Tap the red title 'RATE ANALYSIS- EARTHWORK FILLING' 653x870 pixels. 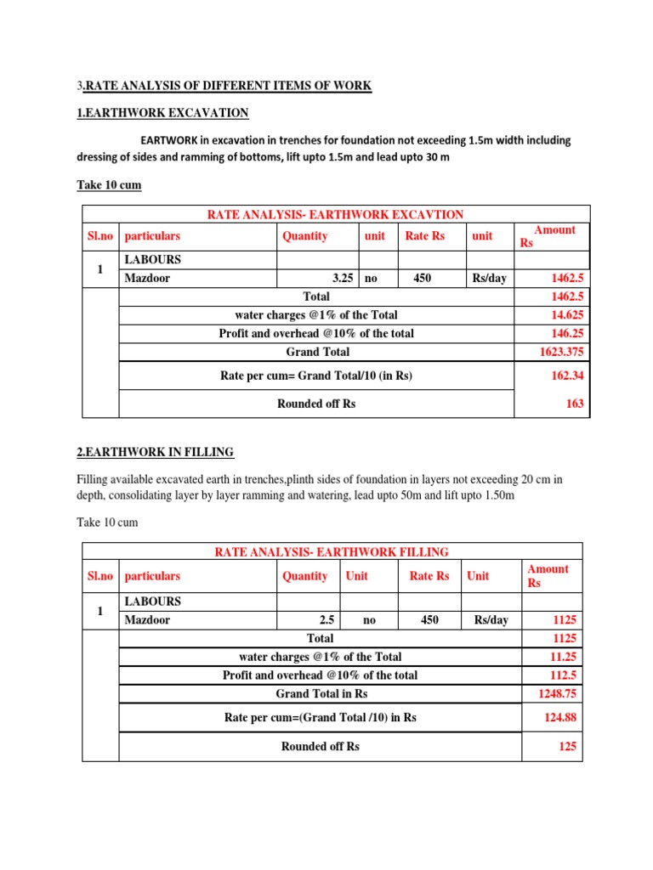coord(332,552)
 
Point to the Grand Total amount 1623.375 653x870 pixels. coord(561,352)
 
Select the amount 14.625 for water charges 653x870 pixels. coord(566,315)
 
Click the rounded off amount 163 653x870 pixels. coord(575,404)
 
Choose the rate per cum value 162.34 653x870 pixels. coord(568,376)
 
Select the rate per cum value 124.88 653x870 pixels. coord(561,718)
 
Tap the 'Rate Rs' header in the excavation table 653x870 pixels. coord(425,236)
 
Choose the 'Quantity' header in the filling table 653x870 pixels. coord(304,576)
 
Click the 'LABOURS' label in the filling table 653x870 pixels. coord(152,602)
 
